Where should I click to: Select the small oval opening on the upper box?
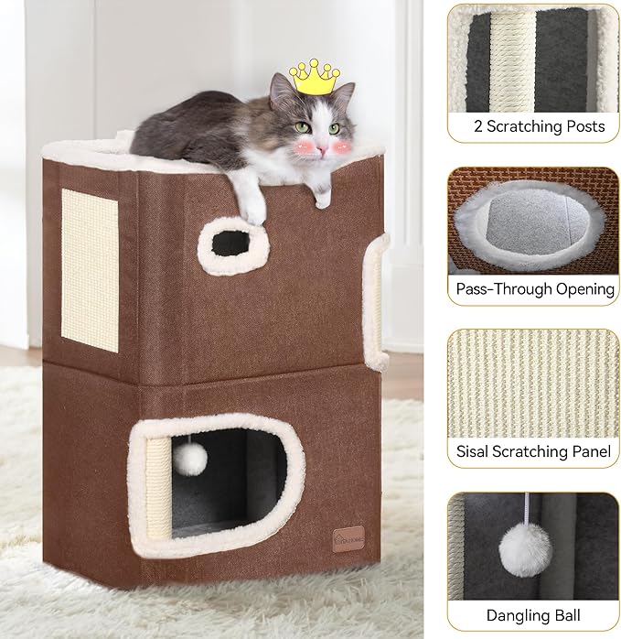230,242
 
